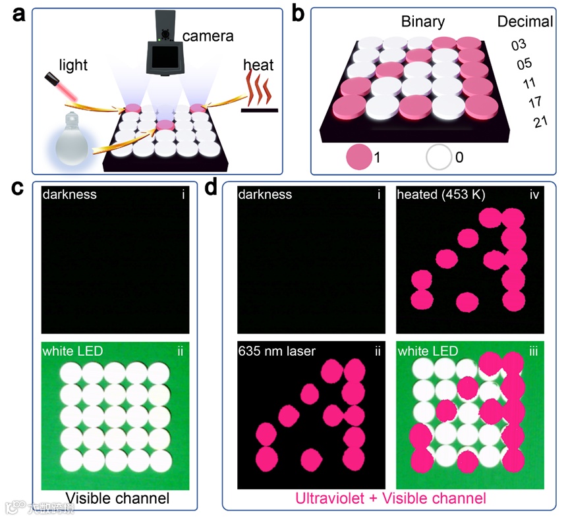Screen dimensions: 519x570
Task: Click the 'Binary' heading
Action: pos(424,22)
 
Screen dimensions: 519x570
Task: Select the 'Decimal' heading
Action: pos(525,22)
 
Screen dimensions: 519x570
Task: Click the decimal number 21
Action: pos(541,122)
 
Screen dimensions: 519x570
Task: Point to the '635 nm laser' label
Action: pos(276,352)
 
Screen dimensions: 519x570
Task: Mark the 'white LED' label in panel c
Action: pos(73,351)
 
